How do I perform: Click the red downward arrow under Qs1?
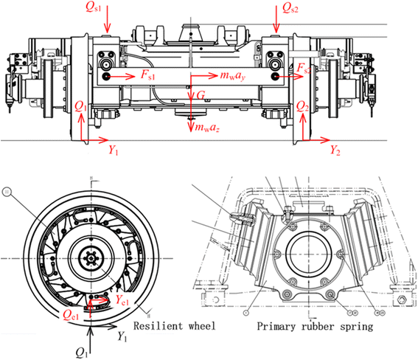point(108,23)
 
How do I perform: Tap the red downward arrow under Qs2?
point(276,23)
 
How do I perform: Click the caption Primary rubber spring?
point(309,324)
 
